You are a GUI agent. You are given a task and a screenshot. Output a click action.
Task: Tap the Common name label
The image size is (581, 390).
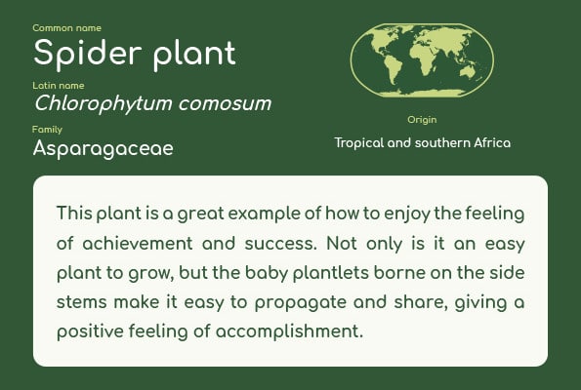coord(66,28)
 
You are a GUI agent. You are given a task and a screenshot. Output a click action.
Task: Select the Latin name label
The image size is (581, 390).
coord(59,86)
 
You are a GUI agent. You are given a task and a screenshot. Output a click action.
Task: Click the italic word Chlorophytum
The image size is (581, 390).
coord(103,103)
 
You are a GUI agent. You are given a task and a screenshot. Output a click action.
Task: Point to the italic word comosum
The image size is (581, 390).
coord(225,104)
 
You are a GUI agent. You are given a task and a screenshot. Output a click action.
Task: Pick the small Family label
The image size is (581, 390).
coord(47,130)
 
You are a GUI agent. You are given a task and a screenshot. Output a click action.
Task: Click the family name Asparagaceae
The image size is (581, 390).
coord(103,149)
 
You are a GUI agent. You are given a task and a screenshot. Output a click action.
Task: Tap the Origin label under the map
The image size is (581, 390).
coord(422,120)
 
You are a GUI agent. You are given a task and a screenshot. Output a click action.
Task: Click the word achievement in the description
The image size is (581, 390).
coord(138,244)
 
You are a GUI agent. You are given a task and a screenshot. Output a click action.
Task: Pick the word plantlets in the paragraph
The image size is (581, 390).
coord(331,273)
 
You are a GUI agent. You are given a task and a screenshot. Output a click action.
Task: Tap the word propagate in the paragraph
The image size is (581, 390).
coord(301,303)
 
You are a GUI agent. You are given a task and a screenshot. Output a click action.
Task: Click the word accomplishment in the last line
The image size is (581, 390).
coord(289,331)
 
